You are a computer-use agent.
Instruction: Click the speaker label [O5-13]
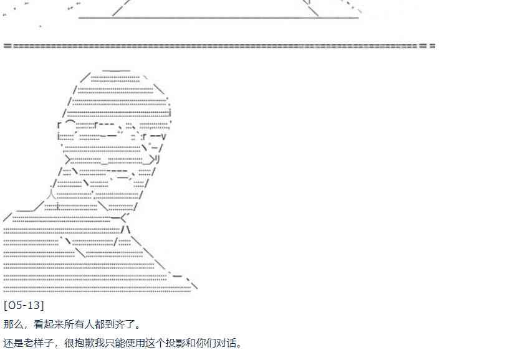click(x=24, y=305)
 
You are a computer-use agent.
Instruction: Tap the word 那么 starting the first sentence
click(x=13, y=324)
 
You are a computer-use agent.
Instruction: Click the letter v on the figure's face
click(x=163, y=136)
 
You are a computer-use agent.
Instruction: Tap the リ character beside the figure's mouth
click(x=157, y=159)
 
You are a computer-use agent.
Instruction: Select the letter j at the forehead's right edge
click(x=170, y=113)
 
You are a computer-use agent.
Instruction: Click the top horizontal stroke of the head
click(x=116, y=70)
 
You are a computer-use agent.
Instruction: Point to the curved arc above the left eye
click(x=70, y=121)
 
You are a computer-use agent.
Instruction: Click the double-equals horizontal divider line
click(x=218, y=46)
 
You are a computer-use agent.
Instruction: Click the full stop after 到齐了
click(x=138, y=326)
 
